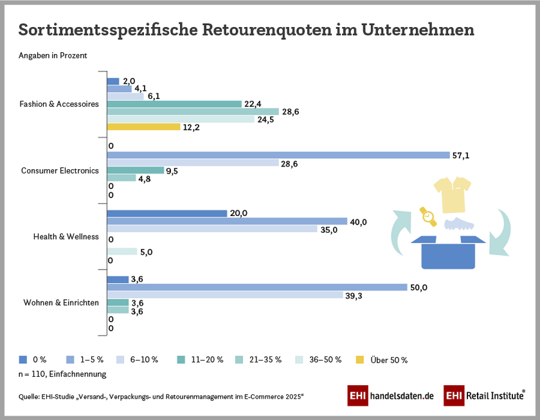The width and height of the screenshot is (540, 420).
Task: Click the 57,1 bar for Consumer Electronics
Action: [x=278, y=155]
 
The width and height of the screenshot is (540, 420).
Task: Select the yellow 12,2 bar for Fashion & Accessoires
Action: [x=143, y=127]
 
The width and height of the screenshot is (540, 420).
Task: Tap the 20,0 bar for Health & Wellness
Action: [x=166, y=214]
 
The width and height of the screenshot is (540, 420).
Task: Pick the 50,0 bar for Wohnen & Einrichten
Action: [x=256, y=287]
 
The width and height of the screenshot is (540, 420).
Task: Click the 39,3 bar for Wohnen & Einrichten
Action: [x=224, y=295]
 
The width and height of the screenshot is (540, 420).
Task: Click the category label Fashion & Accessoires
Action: [x=59, y=104]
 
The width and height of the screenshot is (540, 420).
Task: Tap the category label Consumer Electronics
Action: [x=60, y=170]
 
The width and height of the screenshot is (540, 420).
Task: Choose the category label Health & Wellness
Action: [x=66, y=237]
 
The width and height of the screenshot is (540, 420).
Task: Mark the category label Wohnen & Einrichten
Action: [x=60, y=302]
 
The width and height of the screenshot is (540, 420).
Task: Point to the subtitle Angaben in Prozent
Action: [x=53, y=55]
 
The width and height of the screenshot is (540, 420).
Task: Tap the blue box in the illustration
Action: [x=451, y=253]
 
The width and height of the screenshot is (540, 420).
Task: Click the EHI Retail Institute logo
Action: [x=484, y=396]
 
